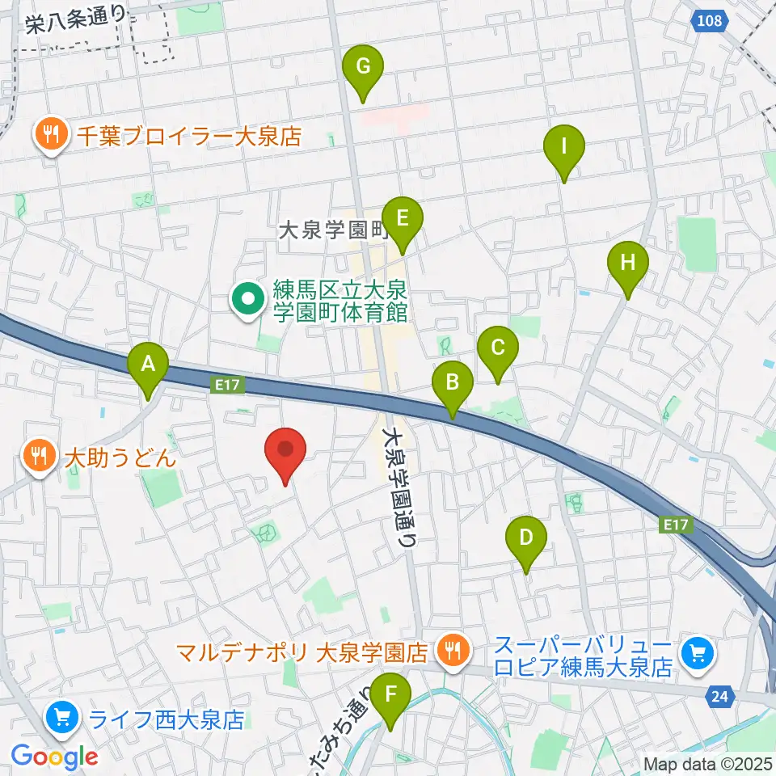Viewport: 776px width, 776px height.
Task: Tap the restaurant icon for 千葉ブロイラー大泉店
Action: [53, 135]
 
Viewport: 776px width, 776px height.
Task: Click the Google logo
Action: [55, 756]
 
